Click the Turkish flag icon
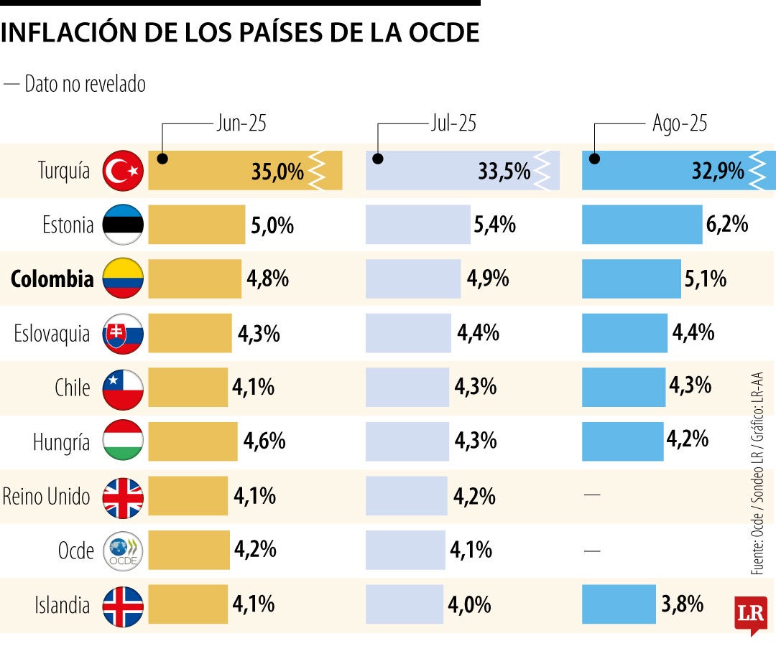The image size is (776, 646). click(124, 171)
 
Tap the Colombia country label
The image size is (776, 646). click(52, 278)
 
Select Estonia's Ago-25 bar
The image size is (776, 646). click(642, 225)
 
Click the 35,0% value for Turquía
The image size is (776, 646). click(277, 172)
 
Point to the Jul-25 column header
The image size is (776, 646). click(453, 123)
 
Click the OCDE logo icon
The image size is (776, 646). click(124, 551)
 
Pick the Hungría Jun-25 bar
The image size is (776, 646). click(193, 441)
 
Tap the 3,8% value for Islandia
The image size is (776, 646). click(681, 604)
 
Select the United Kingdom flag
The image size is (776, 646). click(124, 497)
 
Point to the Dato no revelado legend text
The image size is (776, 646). click(85, 84)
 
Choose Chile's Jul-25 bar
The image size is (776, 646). click(407, 388)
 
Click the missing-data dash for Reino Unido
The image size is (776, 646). click(592, 496)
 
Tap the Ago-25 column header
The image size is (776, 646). click(680, 123)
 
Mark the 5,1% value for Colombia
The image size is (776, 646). click(706, 278)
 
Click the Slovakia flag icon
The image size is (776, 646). click(124, 334)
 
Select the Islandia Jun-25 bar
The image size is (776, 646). click(188, 604)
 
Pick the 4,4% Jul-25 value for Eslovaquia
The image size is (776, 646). click(478, 333)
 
